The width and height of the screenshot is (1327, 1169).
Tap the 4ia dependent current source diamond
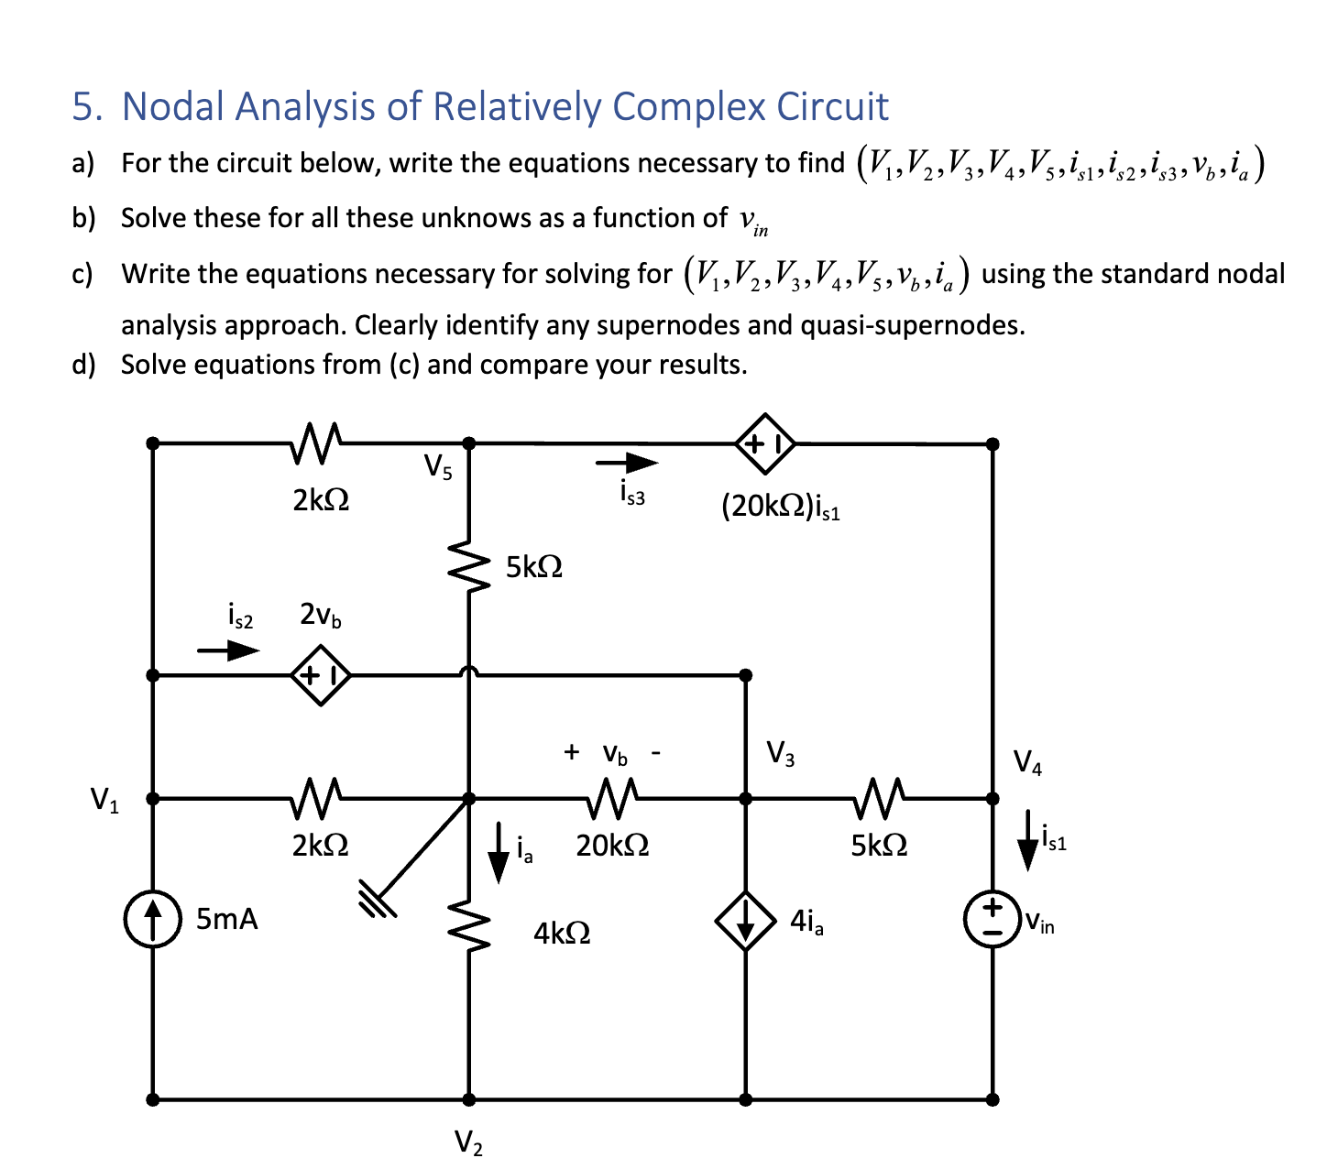746,921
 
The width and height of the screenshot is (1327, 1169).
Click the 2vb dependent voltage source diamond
320,676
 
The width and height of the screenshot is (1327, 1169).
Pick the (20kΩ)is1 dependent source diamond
765,443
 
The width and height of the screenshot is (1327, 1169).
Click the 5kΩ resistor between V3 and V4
877,797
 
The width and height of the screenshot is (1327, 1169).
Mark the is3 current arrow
627,464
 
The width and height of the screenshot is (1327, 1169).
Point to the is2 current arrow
229,650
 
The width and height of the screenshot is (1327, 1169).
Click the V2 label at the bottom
468,1142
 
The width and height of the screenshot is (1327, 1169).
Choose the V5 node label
438,467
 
